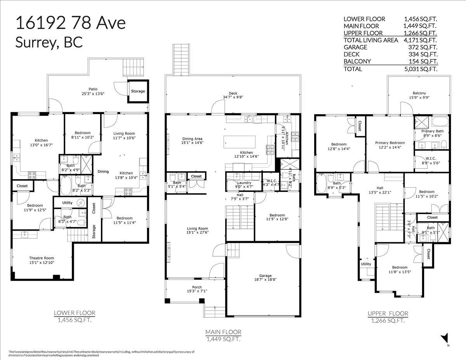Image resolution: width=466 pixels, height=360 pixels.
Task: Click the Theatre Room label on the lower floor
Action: (x=42, y=258)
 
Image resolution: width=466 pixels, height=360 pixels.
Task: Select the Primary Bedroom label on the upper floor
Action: (x=390, y=143)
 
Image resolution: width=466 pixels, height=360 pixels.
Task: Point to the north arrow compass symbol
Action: (x=445, y=339)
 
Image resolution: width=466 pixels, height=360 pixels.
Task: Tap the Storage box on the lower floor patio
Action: (x=138, y=91)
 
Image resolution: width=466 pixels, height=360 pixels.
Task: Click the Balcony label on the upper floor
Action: (x=419, y=93)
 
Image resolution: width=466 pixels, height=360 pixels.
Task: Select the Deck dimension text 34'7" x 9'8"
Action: (x=233, y=97)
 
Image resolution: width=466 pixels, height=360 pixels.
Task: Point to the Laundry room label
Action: (x=244, y=183)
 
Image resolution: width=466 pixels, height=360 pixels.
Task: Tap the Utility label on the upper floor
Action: (x=366, y=264)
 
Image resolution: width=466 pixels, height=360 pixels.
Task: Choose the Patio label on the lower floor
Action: (x=92, y=89)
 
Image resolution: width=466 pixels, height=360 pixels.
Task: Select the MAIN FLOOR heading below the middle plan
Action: (x=223, y=332)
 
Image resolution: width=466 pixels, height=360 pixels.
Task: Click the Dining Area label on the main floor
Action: (x=192, y=139)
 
